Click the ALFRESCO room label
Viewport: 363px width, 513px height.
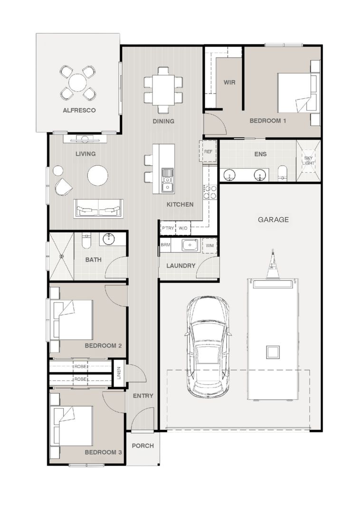click(x=79, y=110)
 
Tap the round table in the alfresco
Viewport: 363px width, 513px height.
click(x=78, y=83)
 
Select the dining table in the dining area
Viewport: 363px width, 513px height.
click(x=163, y=90)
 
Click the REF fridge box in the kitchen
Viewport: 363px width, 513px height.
click(x=208, y=152)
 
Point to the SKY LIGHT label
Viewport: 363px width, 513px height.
click(x=308, y=161)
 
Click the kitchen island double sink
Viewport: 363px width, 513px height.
click(x=167, y=180)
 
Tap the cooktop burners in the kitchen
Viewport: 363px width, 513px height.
click(x=210, y=192)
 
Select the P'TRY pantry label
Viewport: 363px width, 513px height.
click(x=168, y=228)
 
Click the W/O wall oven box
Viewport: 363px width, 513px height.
click(x=183, y=228)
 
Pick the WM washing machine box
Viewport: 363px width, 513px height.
click(x=210, y=246)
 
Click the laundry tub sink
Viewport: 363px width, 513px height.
click(x=190, y=245)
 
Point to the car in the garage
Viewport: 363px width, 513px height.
click(x=208, y=347)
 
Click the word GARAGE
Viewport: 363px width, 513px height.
click(x=273, y=219)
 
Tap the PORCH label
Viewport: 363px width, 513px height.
click(x=143, y=446)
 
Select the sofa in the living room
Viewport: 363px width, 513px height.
click(x=99, y=209)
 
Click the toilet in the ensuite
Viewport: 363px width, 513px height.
click(x=282, y=173)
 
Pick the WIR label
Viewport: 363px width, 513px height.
click(x=229, y=82)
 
